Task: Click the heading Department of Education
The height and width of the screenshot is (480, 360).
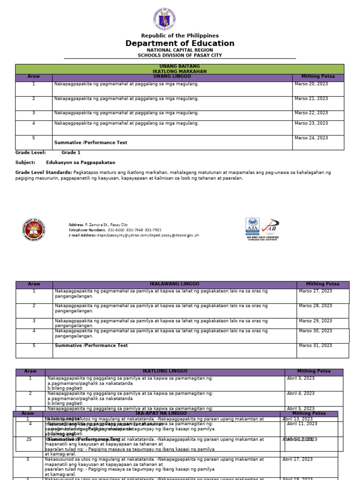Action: coord(180,44)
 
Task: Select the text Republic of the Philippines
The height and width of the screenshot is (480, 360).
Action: coord(180,36)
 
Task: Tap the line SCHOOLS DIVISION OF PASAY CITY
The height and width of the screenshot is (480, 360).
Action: coord(180,55)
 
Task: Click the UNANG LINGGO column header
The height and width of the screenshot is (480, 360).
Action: coord(172,76)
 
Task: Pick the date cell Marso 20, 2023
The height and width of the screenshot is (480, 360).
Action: coord(311,84)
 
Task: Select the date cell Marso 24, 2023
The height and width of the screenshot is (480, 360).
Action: coord(311,138)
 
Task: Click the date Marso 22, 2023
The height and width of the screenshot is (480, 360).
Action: coord(311,113)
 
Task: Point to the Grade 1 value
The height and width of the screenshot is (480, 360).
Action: coord(71,152)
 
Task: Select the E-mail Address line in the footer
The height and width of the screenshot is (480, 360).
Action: coord(134,235)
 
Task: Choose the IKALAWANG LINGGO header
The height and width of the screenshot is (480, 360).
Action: coord(174,284)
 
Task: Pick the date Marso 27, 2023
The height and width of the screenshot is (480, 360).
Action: coord(315,291)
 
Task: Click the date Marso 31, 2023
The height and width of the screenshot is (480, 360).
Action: coord(315,345)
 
